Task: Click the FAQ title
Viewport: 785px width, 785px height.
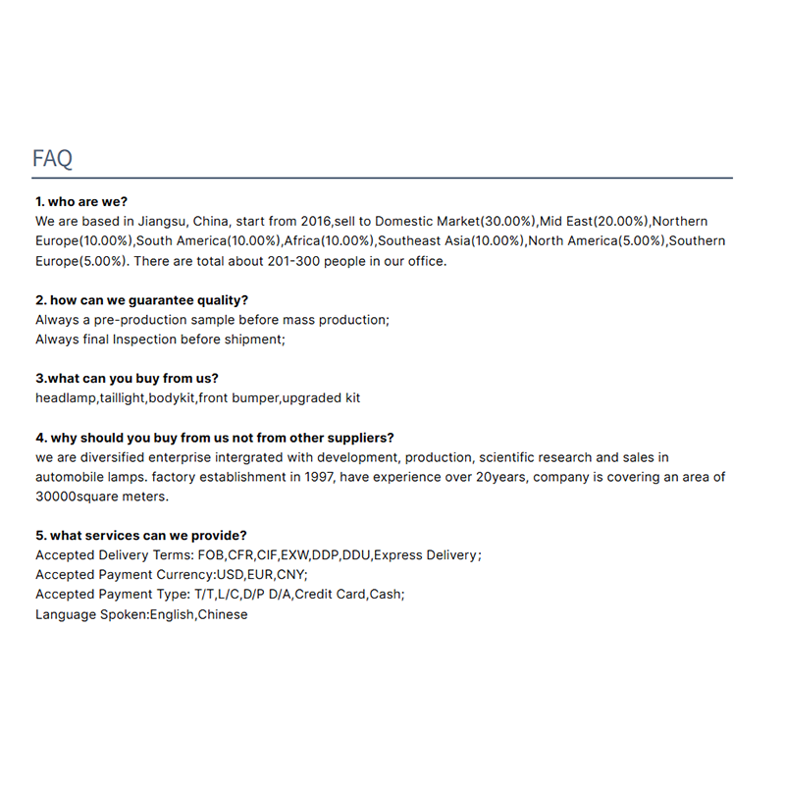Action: pos(52,159)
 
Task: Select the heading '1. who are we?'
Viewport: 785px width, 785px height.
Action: pos(81,202)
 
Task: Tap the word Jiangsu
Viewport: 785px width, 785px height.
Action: pos(156,222)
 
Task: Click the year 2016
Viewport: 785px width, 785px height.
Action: pos(315,222)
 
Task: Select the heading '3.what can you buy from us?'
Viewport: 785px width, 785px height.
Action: pos(127,379)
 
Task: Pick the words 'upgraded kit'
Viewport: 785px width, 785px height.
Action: pos(323,398)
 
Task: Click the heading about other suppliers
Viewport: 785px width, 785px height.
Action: pos(215,438)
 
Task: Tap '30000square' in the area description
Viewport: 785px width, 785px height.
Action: pos(76,497)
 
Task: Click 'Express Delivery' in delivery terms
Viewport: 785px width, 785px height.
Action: pos(424,555)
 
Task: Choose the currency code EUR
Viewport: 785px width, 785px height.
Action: pos(260,575)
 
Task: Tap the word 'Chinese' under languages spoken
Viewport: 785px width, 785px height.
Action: pos(223,614)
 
